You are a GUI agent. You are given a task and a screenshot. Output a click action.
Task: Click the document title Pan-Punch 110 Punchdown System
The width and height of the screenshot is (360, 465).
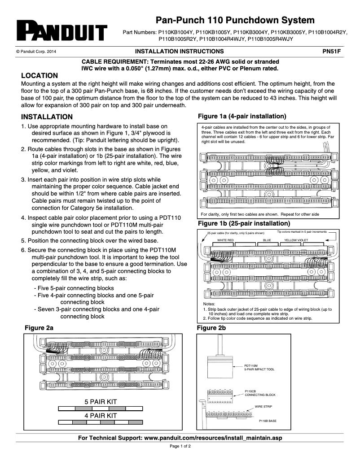click(235, 20)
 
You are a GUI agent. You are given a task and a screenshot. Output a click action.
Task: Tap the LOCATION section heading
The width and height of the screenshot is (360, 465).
click(40, 75)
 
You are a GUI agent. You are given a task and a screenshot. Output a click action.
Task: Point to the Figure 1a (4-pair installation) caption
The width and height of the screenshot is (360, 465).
click(242, 116)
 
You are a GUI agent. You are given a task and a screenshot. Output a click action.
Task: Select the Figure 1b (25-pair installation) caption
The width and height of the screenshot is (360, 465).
click(244, 223)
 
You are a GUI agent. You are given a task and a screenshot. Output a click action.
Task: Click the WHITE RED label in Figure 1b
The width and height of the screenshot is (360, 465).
click(225, 240)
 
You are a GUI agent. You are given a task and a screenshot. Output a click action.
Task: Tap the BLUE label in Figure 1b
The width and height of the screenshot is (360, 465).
click(267, 240)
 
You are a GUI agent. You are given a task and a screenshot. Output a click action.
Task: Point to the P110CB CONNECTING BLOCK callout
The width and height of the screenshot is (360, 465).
click(260, 393)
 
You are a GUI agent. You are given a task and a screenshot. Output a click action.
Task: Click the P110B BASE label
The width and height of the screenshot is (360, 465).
click(268, 421)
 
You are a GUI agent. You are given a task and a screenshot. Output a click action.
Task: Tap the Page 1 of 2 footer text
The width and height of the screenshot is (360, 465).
click(180, 447)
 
